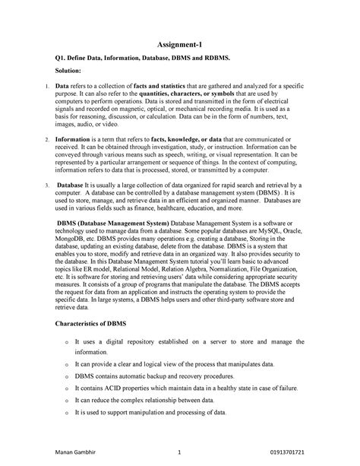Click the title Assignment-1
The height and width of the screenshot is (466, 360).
179,45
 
